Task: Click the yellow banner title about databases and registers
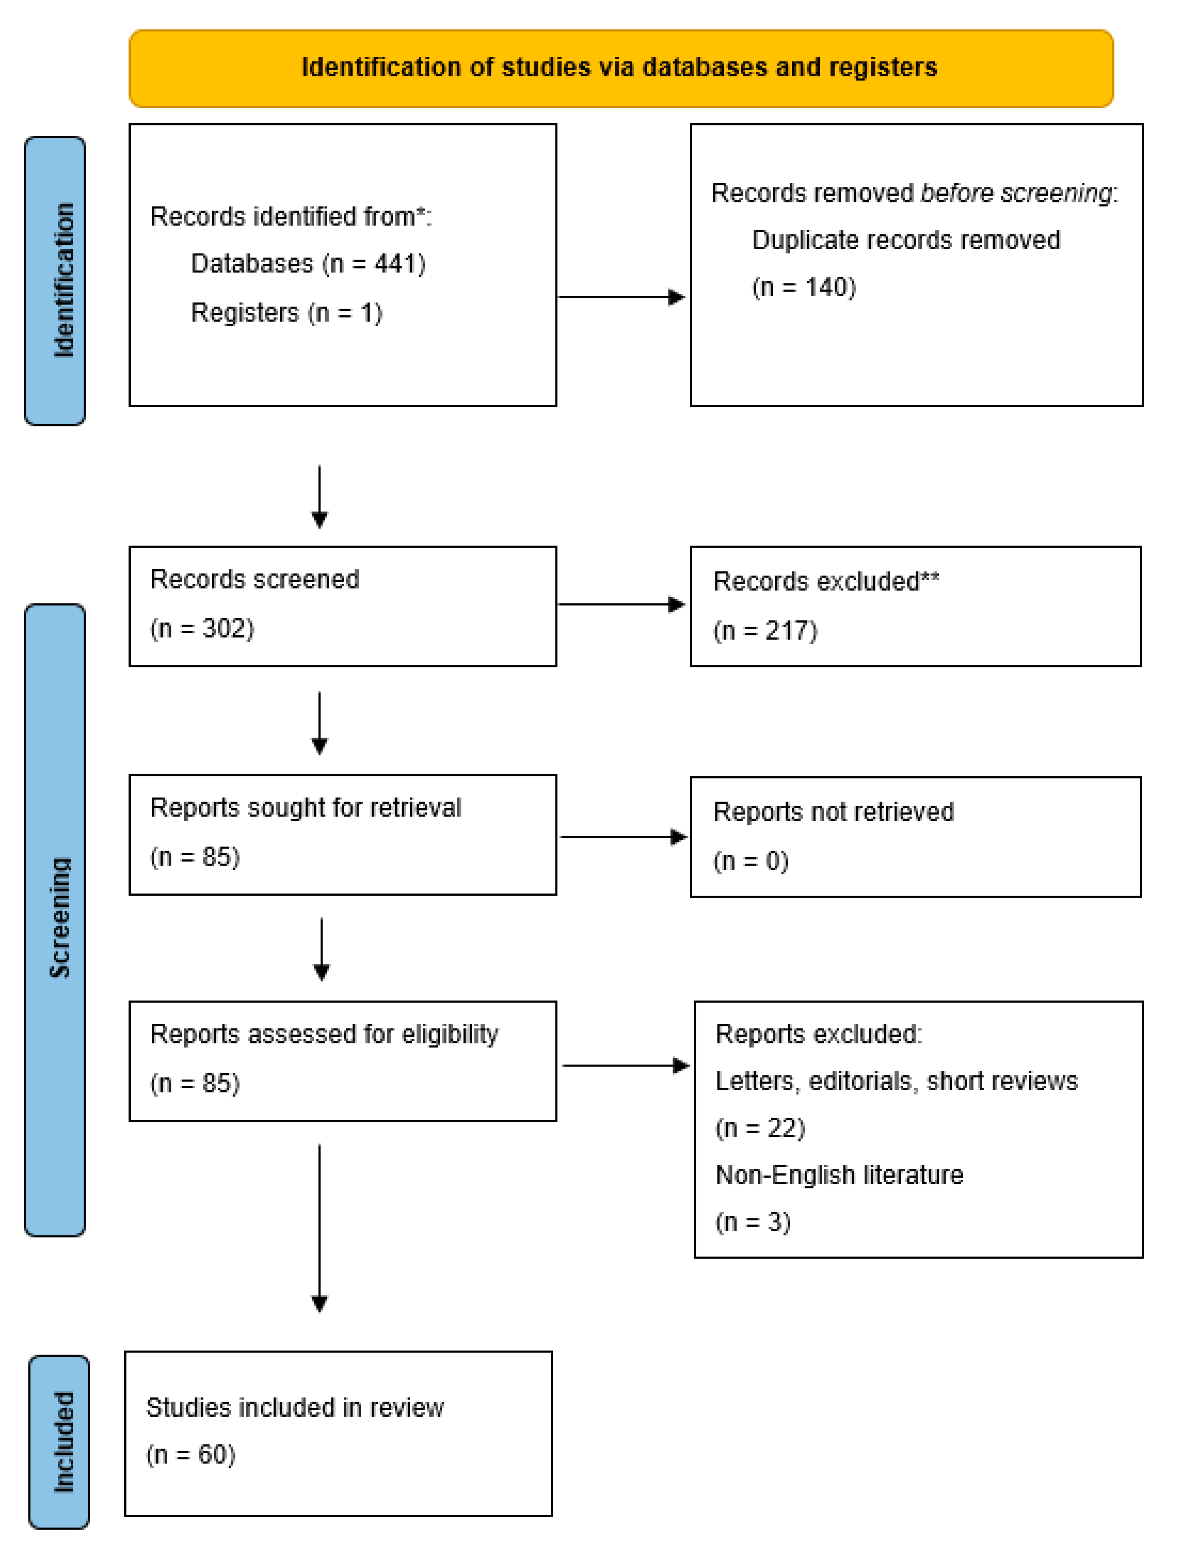coord(620,67)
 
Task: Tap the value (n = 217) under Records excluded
coord(766,630)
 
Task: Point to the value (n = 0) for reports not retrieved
coord(751,861)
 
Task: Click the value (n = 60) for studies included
coord(191,1454)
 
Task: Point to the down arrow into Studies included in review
coord(320,1227)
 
